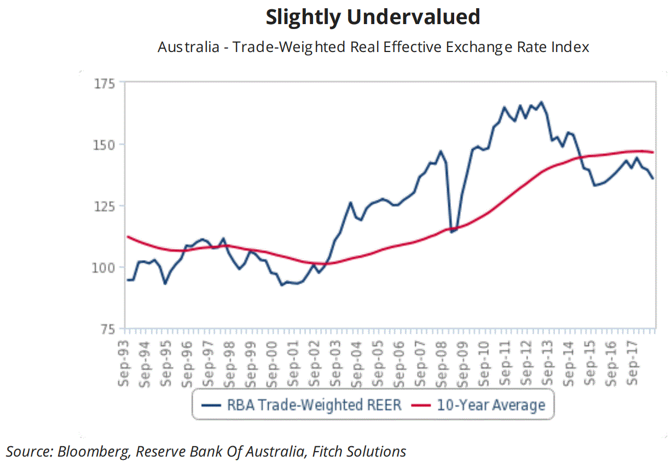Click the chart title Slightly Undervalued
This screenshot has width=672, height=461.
pyautogui.click(x=373, y=18)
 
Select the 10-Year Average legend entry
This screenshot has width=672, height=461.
pyautogui.click(x=490, y=405)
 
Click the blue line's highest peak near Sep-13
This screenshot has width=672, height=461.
pyautogui.click(x=541, y=102)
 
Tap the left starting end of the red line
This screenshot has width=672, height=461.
pyautogui.click(x=127, y=237)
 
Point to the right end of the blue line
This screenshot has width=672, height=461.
pyautogui.click(x=653, y=178)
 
